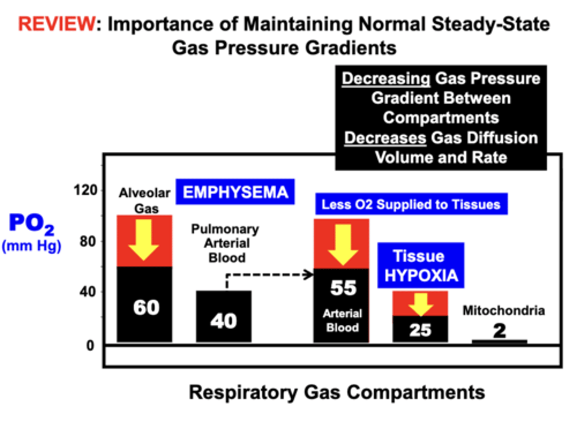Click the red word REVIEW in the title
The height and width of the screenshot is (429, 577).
[x=56, y=24]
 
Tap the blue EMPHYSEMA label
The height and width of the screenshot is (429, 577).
[x=235, y=192]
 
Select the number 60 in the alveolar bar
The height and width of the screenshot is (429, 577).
[x=146, y=308]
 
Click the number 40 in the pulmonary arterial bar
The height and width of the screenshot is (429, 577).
[x=224, y=321]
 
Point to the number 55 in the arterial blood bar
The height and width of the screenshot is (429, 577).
[x=343, y=288]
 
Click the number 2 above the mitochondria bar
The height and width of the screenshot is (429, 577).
[x=499, y=330]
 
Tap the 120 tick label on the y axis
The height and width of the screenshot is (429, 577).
[x=85, y=190]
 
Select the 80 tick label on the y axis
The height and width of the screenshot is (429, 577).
[x=88, y=242]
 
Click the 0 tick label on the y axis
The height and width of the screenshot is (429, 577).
[x=91, y=345]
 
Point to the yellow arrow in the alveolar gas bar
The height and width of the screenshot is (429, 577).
[x=144, y=240]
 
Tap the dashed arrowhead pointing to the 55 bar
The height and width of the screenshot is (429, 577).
[x=309, y=275]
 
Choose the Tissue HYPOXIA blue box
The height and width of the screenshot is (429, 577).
[x=421, y=266]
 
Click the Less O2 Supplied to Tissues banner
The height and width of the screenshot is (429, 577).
[x=411, y=204]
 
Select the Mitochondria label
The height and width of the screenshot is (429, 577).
[x=504, y=310]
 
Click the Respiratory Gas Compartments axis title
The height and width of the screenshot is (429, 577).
[x=337, y=393]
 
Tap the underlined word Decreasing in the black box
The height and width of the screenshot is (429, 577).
[x=386, y=79]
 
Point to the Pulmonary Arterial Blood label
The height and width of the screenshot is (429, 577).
[x=225, y=243]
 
